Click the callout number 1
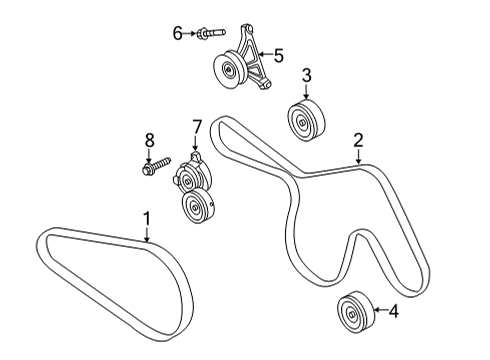tap(146, 216)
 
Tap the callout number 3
tap(307, 75)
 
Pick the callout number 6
tap(178, 33)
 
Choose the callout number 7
tap(197, 126)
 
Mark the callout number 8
tap(152, 139)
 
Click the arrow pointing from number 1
tap(146, 234)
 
